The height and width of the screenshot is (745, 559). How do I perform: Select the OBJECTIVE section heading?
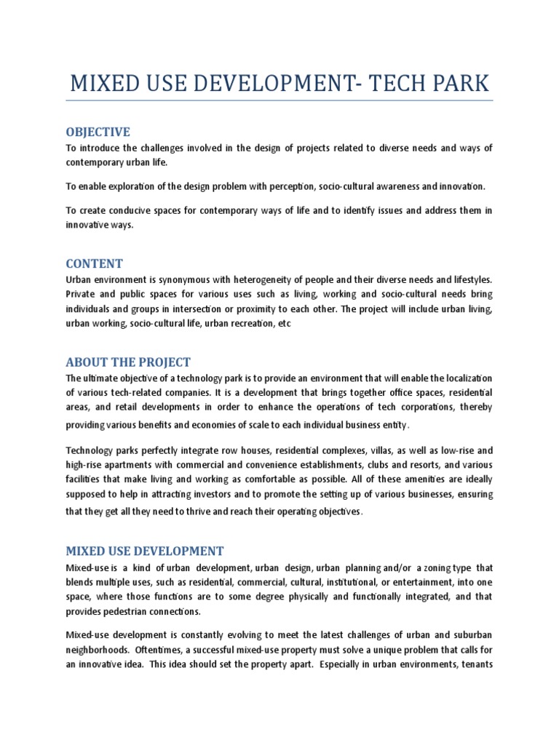point(98,132)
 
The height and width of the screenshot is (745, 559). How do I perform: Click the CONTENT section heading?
point(94,263)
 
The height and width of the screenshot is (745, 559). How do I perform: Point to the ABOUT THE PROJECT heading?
point(128,362)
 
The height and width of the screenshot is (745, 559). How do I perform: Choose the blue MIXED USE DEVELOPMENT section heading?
point(145,551)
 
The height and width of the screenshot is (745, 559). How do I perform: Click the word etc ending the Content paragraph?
point(284,324)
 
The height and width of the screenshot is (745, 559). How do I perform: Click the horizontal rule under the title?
point(279,100)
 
